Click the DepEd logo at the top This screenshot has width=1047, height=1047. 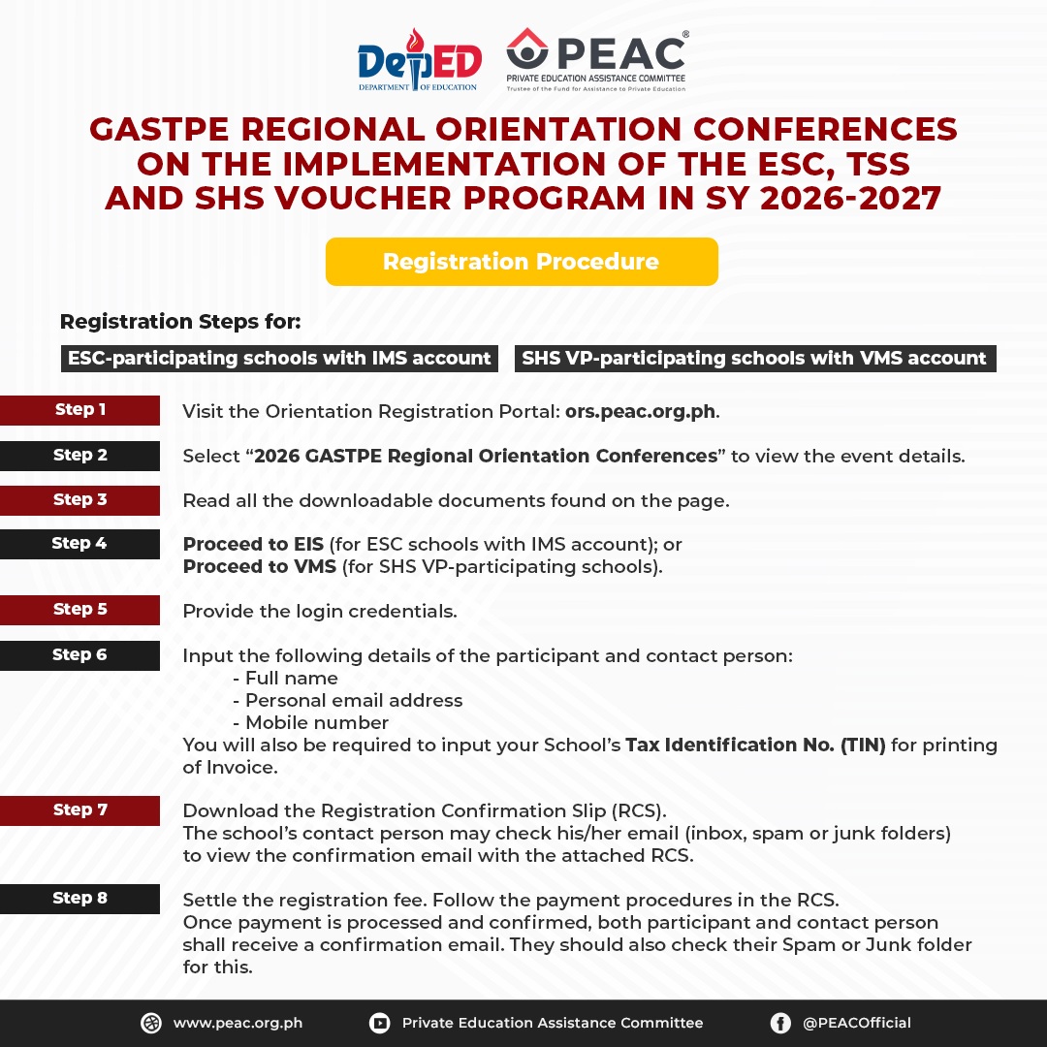coord(419,60)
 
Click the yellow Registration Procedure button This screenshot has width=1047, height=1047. coord(522,262)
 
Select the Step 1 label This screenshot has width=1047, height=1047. coord(80,410)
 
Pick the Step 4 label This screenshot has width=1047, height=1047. coord(80,544)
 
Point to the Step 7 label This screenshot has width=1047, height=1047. coord(80,810)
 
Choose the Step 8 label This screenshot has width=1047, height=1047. coord(80,899)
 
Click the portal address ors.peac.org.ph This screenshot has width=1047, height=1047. coord(640,411)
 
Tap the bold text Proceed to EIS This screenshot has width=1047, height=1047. coord(253,545)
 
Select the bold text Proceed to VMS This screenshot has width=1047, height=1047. coord(260,567)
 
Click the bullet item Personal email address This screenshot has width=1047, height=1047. coord(354,700)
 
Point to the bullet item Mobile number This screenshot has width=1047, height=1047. coord(317,723)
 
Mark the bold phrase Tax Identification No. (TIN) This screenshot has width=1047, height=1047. coord(755,746)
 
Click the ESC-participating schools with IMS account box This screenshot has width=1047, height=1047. coord(279,359)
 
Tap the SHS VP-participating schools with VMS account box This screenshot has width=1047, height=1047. coord(754,359)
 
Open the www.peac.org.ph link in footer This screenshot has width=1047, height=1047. coord(238,1023)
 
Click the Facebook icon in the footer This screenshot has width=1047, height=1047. coord(780,1023)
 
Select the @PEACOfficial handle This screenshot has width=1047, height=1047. coord(857,1023)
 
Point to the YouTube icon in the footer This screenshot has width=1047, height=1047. coord(379,1023)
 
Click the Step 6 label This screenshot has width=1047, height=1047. coord(80,655)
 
